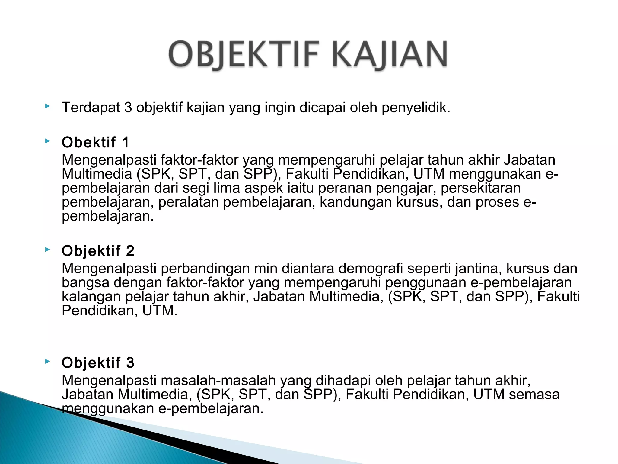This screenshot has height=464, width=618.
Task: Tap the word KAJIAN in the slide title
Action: tap(390, 55)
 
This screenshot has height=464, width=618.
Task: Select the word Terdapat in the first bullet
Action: tap(91, 108)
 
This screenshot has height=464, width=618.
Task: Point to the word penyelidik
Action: tap(416, 108)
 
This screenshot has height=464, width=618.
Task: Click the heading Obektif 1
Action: tap(95, 142)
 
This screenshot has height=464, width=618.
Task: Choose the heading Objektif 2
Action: tap(98, 251)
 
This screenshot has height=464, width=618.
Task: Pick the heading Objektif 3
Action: tap(98, 362)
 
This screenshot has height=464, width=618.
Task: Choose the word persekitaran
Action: tap(481, 188)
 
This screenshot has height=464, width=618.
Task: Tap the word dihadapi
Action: tap(343, 380)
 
